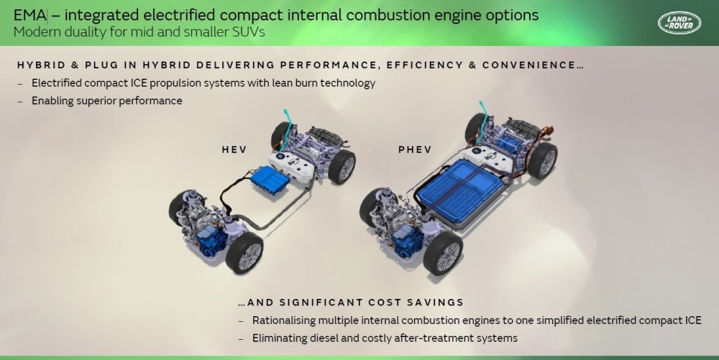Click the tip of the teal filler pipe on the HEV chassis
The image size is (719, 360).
click(x=285, y=111)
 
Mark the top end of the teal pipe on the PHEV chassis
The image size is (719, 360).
click(x=480, y=102)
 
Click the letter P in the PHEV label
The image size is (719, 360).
click(x=402, y=149)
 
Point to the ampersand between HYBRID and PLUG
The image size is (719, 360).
click(x=75, y=65)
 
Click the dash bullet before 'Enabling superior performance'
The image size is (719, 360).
click(x=19, y=101)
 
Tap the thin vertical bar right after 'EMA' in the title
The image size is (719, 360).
click(x=47, y=15)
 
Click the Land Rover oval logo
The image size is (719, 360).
click(x=679, y=23)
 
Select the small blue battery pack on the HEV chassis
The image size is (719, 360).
click(x=270, y=180)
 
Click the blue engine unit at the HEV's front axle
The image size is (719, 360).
click(x=212, y=241)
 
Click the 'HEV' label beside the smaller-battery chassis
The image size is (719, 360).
click(x=234, y=149)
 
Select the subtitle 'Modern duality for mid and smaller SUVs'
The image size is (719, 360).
click(x=139, y=32)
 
